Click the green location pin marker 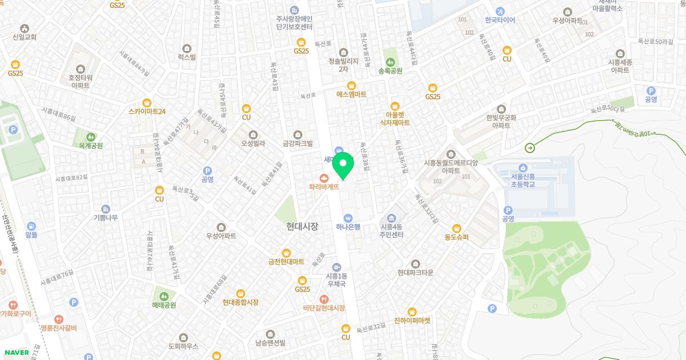(x=342, y=165)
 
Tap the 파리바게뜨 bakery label (x=324, y=186)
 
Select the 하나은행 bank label (x=348, y=226)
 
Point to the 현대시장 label (x=302, y=226)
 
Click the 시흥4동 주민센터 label (x=392, y=230)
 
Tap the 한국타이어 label (x=500, y=20)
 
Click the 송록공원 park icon (x=390, y=61)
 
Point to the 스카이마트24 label (x=147, y=111)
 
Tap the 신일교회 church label (x=24, y=37)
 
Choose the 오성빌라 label (x=253, y=143)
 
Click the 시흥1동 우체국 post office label (x=337, y=280)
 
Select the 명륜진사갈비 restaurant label (x=58, y=327)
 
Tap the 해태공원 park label (x=164, y=305)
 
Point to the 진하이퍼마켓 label (x=412, y=321)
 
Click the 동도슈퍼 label (x=456, y=237)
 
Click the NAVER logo (x=16, y=352)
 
